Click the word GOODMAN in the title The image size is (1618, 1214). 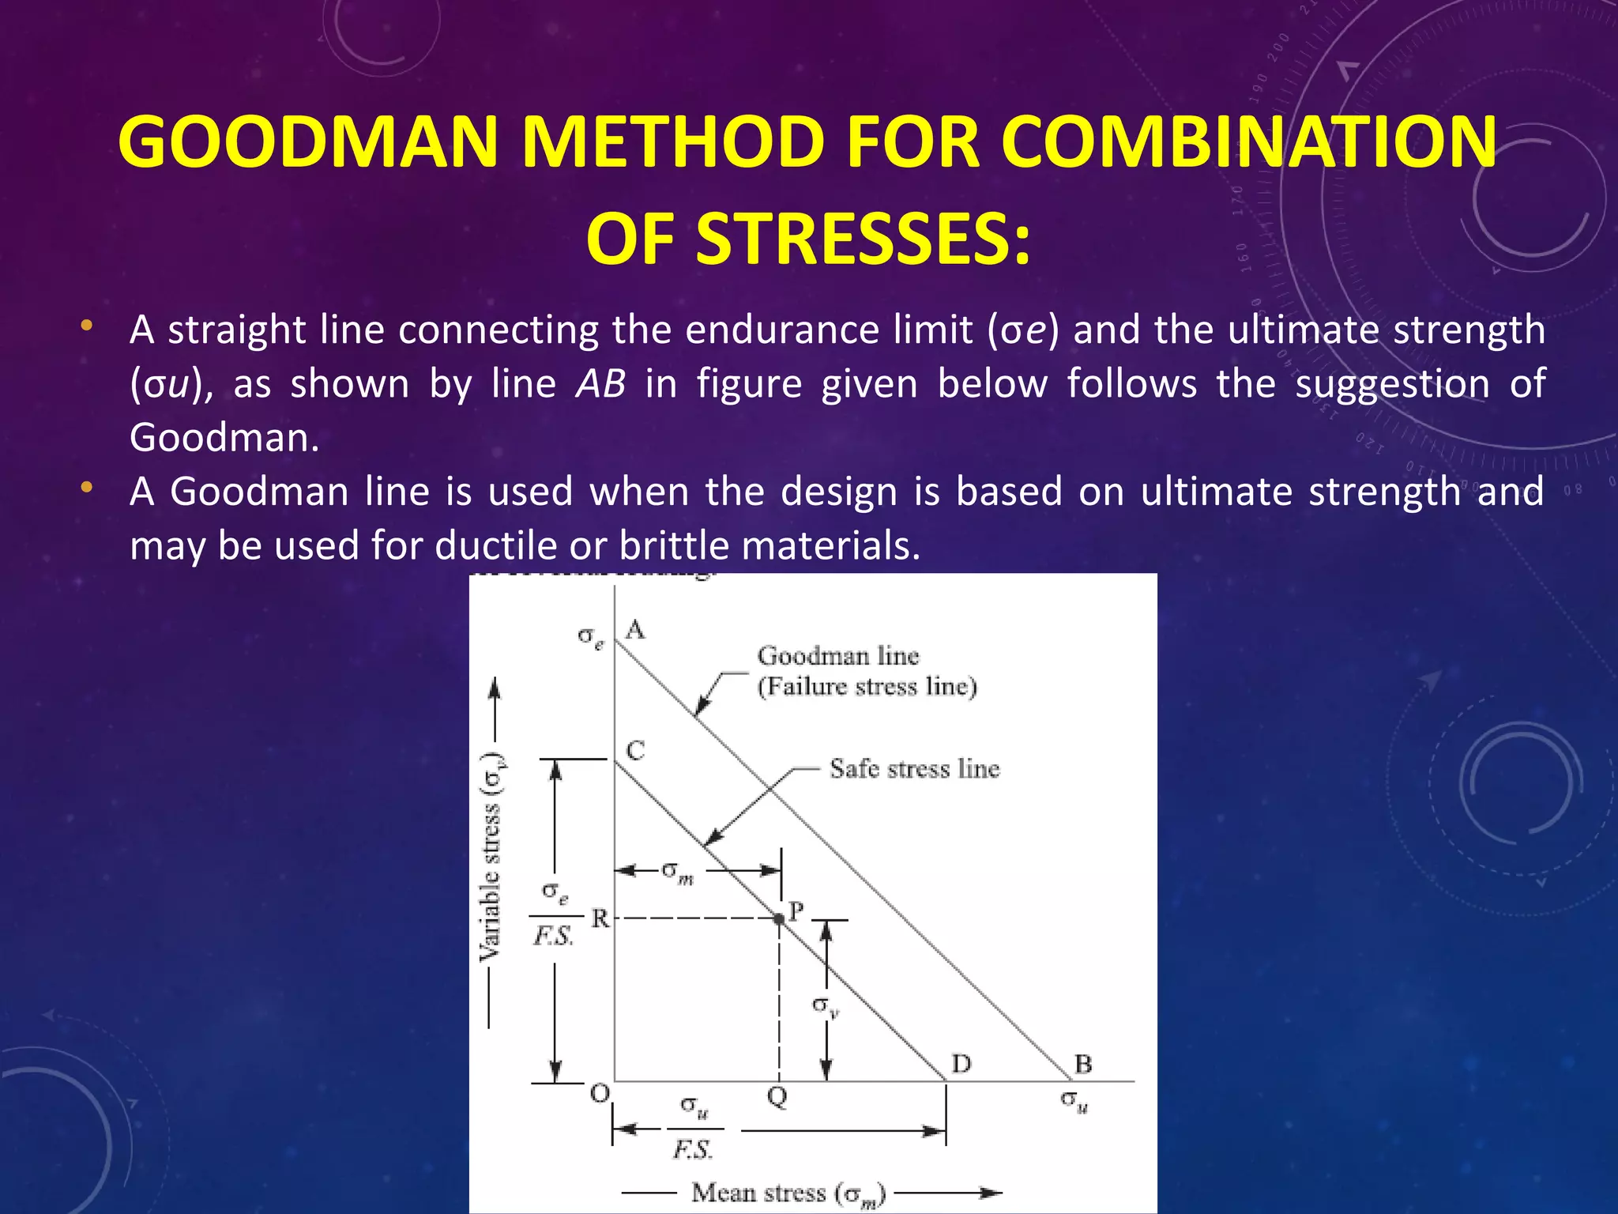point(307,142)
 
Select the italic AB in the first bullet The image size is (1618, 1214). point(600,384)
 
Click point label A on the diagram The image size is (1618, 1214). point(635,630)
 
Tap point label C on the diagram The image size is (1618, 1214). point(635,750)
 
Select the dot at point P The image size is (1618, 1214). point(779,918)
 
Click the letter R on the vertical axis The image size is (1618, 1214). point(600,918)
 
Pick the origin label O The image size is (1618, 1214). point(600,1094)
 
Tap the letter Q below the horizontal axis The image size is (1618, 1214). point(777,1097)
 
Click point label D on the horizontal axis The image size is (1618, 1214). point(961,1064)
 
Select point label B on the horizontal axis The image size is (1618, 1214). point(1083,1064)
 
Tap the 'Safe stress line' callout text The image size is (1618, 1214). point(914,768)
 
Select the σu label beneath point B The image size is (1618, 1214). point(1074,1099)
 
